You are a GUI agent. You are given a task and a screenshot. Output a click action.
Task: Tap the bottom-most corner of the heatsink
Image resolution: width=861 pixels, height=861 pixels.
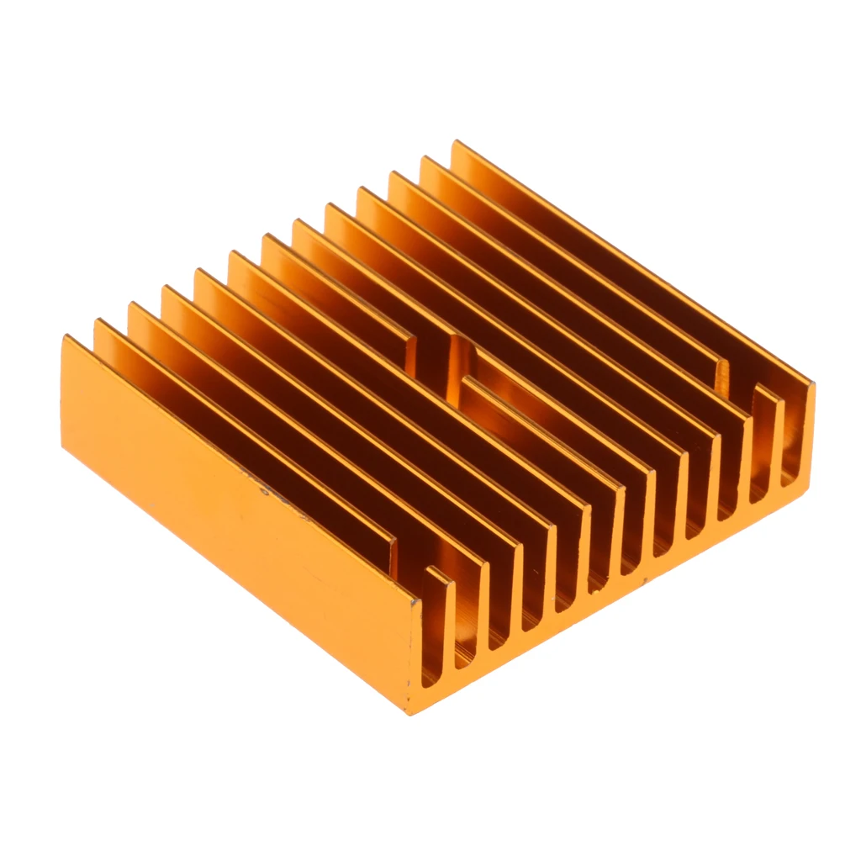[x=409, y=712]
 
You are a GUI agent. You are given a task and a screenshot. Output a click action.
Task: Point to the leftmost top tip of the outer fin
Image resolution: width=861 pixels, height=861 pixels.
[x=66, y=339]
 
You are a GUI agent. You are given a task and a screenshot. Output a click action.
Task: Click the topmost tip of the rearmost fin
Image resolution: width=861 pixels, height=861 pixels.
[x=455, y=143]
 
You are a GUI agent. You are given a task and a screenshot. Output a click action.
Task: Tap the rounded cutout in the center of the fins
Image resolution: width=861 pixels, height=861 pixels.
[x=458, y=353]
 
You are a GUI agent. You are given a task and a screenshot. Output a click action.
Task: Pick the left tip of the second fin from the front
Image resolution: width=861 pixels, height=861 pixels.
[x=98, y=323]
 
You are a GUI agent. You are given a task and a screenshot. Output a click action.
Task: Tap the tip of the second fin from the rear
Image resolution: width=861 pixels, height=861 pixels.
[x=424, y=159]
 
